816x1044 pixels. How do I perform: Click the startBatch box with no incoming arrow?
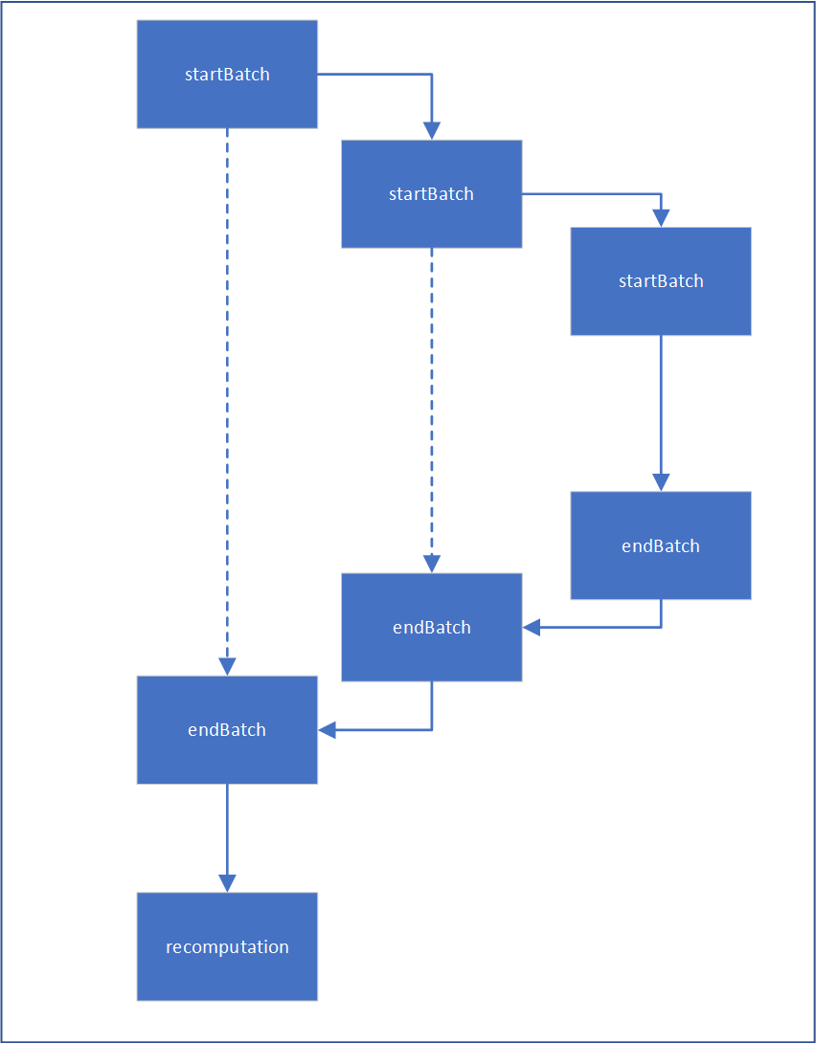227,75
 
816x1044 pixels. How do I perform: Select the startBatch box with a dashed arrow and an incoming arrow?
431,194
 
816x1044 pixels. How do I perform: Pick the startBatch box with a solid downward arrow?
660,281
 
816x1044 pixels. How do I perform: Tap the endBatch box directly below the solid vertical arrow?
660,545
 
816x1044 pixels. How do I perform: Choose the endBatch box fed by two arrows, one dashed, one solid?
431,628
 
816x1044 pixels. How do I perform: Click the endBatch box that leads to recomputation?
227,730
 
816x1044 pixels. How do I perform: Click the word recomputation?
227,947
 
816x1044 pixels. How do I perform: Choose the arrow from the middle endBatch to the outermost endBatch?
402,730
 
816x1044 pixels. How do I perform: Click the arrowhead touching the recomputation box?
227,882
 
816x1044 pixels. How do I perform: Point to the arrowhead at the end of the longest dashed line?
227,666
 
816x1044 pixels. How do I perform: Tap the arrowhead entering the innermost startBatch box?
660,217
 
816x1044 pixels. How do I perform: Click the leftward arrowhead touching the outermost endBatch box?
328,730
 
